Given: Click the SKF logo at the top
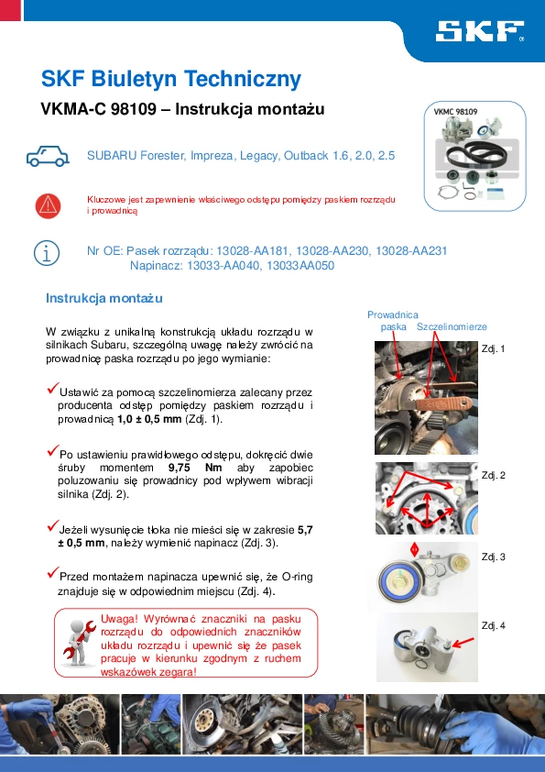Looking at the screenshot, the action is tap(480, 31).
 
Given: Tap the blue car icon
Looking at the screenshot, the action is tap(48, 156).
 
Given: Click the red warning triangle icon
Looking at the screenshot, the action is tap(48, 205).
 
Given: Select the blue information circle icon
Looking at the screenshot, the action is tap(47, 253).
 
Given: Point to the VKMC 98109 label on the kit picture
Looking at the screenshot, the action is tap(455, 112).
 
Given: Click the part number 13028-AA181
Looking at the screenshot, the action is tap(252, 251).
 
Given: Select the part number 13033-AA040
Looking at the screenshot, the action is tap(223, 266).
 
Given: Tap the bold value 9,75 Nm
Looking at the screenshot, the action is tap(195, 468).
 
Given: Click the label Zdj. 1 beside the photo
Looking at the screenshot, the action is tap(494, 349).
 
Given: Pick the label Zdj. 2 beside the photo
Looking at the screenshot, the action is tap(494, 476).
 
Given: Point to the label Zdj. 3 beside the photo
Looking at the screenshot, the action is tap(494, 557).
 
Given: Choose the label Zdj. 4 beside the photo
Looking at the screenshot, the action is tap(494, 626).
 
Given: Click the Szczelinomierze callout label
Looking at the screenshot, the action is tap(452, 327).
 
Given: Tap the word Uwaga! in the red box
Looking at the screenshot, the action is tap(119, 620).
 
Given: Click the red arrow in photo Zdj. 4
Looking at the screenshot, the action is tap(463, 642).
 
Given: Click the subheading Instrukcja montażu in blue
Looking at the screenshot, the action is tap(104, 298).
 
